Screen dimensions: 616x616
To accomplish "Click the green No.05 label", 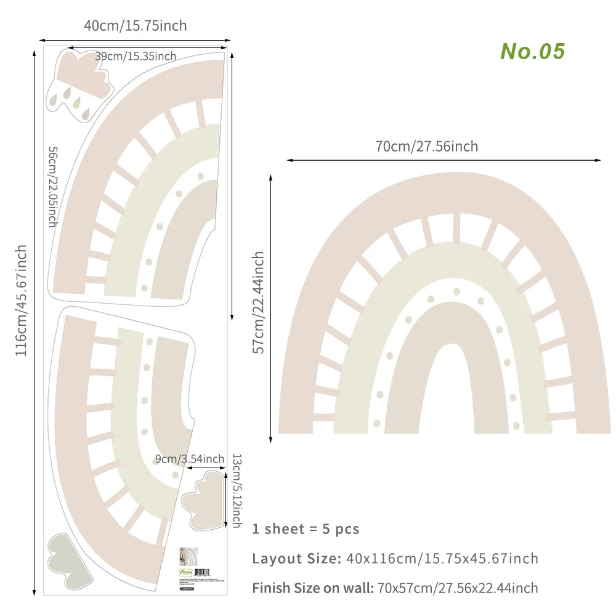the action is [x=532, y=51].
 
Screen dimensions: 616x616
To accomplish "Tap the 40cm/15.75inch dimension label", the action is [x=136, y=25].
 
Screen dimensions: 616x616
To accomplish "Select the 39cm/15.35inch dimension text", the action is [x=136, y=56].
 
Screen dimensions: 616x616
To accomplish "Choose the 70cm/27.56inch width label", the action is [x=426, y=147].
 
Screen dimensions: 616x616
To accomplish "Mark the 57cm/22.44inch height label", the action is [x=259, y=302].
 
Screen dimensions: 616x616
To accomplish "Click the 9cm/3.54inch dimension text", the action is [x=189, y=459].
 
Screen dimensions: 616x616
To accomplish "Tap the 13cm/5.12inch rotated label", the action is [x=236, y=490].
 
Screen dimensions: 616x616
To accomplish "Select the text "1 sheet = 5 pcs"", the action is [x=306, y=529].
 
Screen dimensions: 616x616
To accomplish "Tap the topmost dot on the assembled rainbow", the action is [x=456, y=292].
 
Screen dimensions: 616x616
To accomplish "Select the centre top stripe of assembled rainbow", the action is [x=456, y=227].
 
